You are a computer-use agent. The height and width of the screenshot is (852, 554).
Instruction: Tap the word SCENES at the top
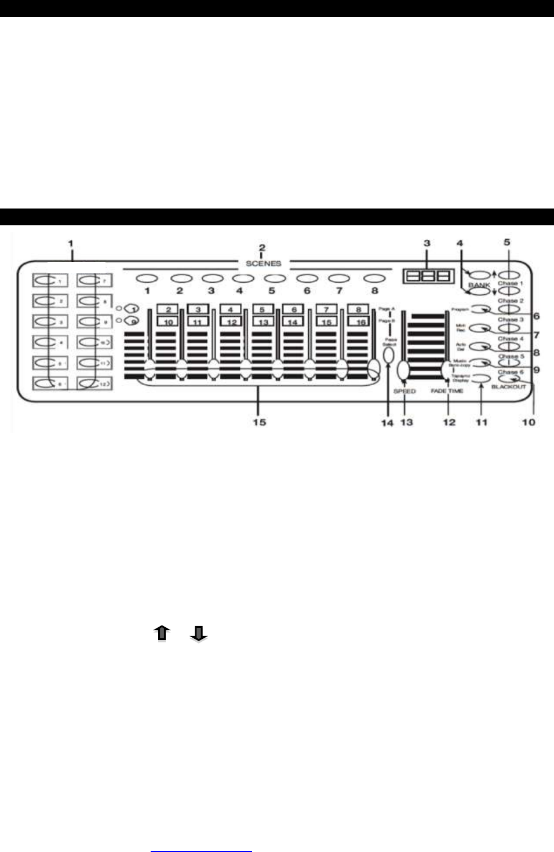point(263,264)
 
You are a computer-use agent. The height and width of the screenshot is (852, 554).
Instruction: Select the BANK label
point(479,285)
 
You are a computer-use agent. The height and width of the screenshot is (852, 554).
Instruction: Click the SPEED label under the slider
point(404,392)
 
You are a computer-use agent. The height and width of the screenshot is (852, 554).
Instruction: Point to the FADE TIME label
point(447,392)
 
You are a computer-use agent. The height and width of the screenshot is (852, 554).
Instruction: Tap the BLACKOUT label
point(509,386)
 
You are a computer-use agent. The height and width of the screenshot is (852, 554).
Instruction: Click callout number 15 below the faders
point(259,422)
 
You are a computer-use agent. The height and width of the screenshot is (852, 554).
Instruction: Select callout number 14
point(387,423)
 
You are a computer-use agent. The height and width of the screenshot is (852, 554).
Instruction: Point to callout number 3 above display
point(427,243)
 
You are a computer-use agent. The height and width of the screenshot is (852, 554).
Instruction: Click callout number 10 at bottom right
point(529,422)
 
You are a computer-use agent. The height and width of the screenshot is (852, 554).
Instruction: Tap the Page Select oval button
point(388,353)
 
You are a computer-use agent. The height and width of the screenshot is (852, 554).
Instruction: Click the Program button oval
point(480,309)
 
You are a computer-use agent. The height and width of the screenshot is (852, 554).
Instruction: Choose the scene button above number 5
point(275,279)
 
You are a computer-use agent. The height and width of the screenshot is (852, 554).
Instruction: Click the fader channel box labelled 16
point(360,322)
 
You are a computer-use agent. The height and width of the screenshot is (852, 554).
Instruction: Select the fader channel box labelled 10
point(168,322)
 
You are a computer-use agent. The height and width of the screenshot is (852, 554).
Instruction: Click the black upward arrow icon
point(162,633)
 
